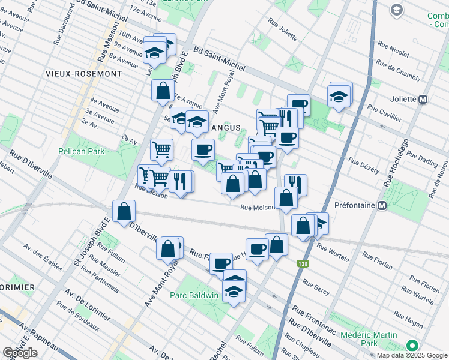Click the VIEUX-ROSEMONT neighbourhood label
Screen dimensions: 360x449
tap(83, 73)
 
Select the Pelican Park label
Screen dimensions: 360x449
tap(82, 151)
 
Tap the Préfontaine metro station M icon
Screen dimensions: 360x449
tap(381, 205)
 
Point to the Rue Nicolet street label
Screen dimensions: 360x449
tap(393, 47)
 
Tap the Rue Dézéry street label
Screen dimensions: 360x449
tap(364, 166)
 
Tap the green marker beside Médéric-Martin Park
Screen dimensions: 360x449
tap(412, 346)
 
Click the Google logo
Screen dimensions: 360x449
tap(20, 353)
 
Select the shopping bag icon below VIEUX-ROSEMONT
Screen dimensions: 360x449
tap(163, 91)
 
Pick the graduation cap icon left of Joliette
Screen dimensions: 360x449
tap(338, 95)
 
